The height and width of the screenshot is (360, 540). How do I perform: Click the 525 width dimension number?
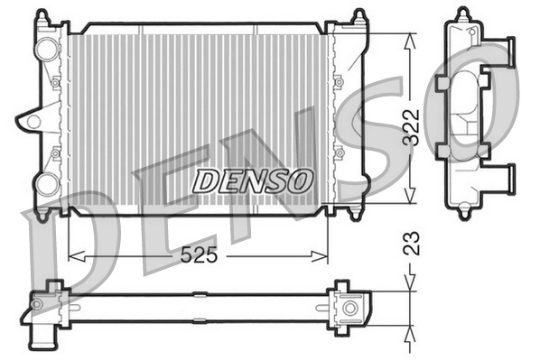(200, 255)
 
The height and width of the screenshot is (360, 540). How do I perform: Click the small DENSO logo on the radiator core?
(253, 180)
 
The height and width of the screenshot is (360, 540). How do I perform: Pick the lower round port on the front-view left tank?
(45, 184)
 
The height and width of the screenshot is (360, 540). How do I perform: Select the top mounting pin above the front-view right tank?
(358, 15)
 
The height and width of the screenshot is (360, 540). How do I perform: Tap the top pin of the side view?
(463, 14)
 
